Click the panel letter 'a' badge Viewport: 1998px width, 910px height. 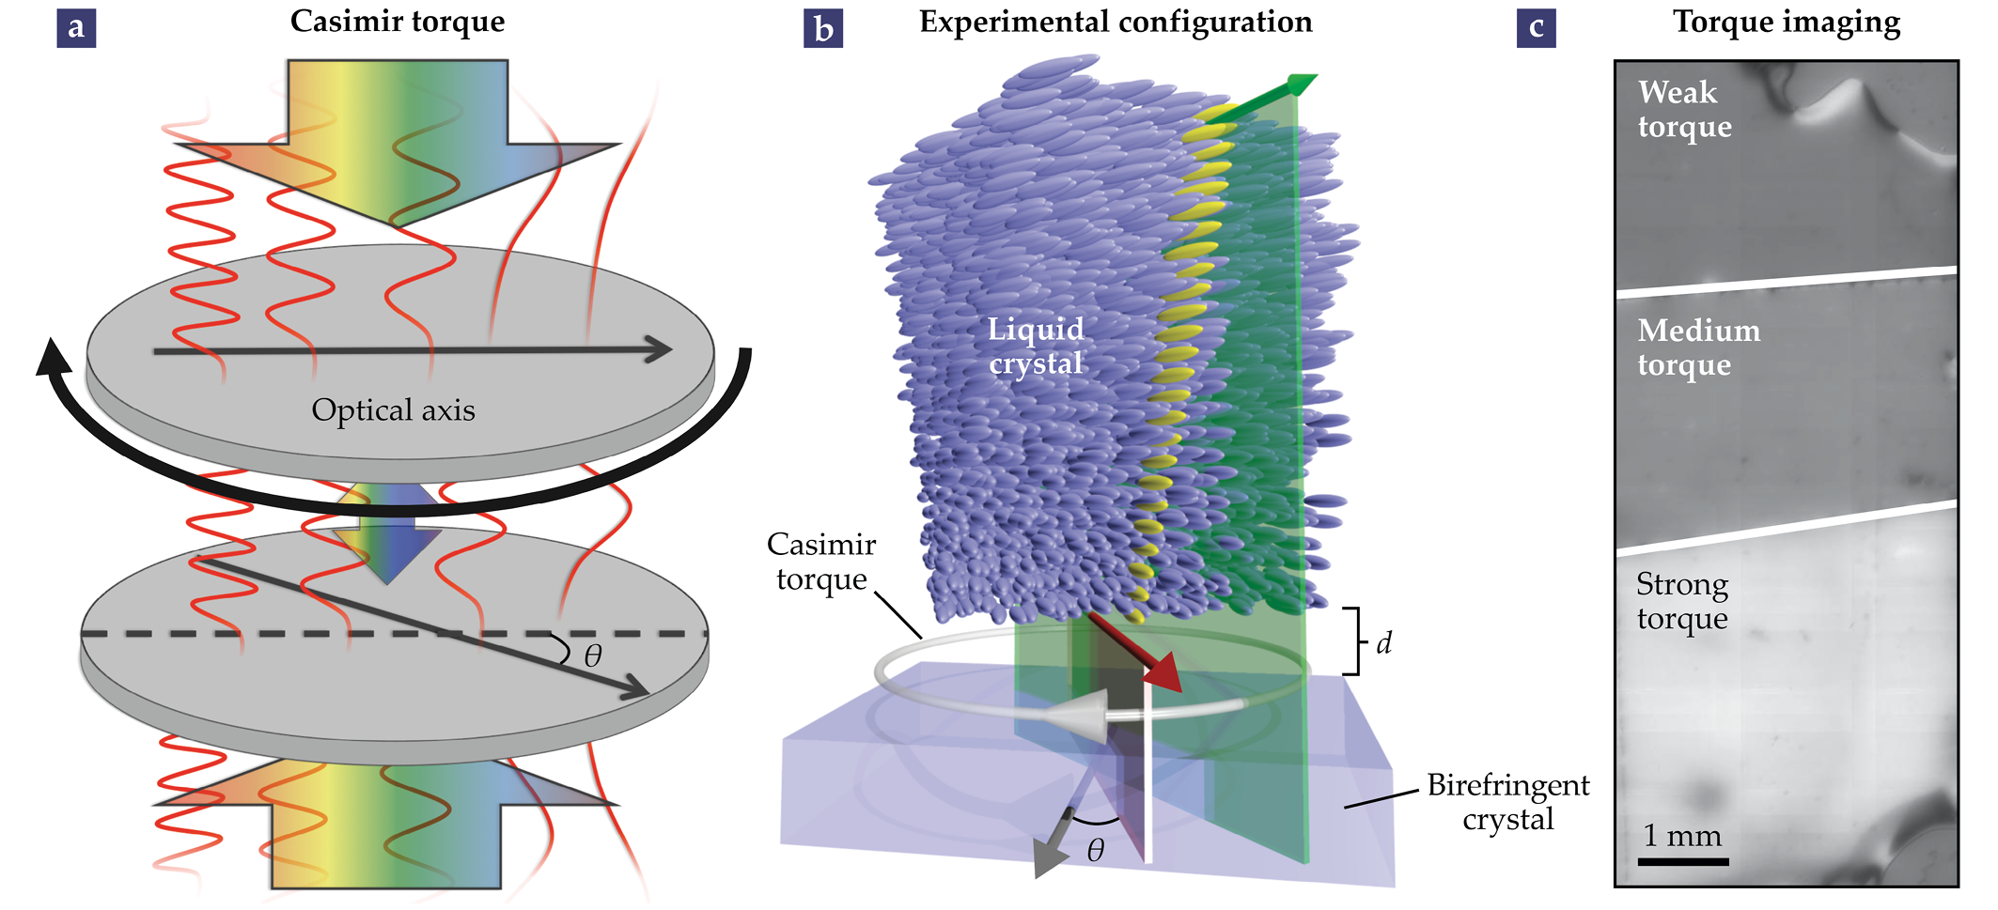pyautogui.click(x=76, y=28)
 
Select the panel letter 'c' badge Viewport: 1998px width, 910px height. pyautogui.click(x=1537, y=28)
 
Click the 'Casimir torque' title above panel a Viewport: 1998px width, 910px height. pyautogui.click(x=398, y=22)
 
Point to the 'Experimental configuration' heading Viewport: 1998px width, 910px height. pyautogui.click(x=1116, y=22)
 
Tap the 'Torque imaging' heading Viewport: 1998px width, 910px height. pyautogui.click(x=1787, y=22)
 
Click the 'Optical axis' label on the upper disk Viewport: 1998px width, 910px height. pyautogui.click(x=393, y=410)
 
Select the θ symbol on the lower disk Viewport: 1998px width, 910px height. pyautogui.click(x=592, y=656)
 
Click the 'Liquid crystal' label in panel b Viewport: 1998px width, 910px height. pyautogui.click(x=1036, y=346)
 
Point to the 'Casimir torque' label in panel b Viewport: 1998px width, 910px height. pyautogui.click(x=821, y=562)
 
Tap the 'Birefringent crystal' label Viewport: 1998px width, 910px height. pyautogui.click(x=1507, y=802)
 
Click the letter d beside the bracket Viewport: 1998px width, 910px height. pyautogui.click(x=1383, y=643)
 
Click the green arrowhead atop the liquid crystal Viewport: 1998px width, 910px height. pyautogui.click(x=1302, y=84)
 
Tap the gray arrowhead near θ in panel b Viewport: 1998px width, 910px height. pyautogui.click(x=1049, y=855)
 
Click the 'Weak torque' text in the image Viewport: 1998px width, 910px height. pyautogui.click(x=1684, y=109)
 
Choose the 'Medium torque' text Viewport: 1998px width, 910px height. pyautogui.click(x=1698, y=347)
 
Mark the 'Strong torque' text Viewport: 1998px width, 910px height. pyautogui.click(x=1682, y=601)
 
